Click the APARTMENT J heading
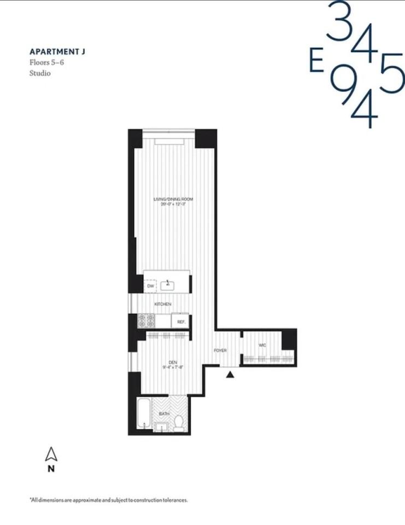click(57, 52)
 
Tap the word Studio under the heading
click(40, 73)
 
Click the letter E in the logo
click(315, 62)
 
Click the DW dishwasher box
click(150, 285)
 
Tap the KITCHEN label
click(163, 304)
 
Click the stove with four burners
click(146, 321)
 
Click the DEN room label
click(172, 361)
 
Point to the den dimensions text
click(172, 367)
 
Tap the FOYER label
click(220, 350)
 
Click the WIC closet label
click(262, 345)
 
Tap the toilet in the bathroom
click(178, 422)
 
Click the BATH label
click(163, 414)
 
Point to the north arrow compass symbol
click(51, 454)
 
